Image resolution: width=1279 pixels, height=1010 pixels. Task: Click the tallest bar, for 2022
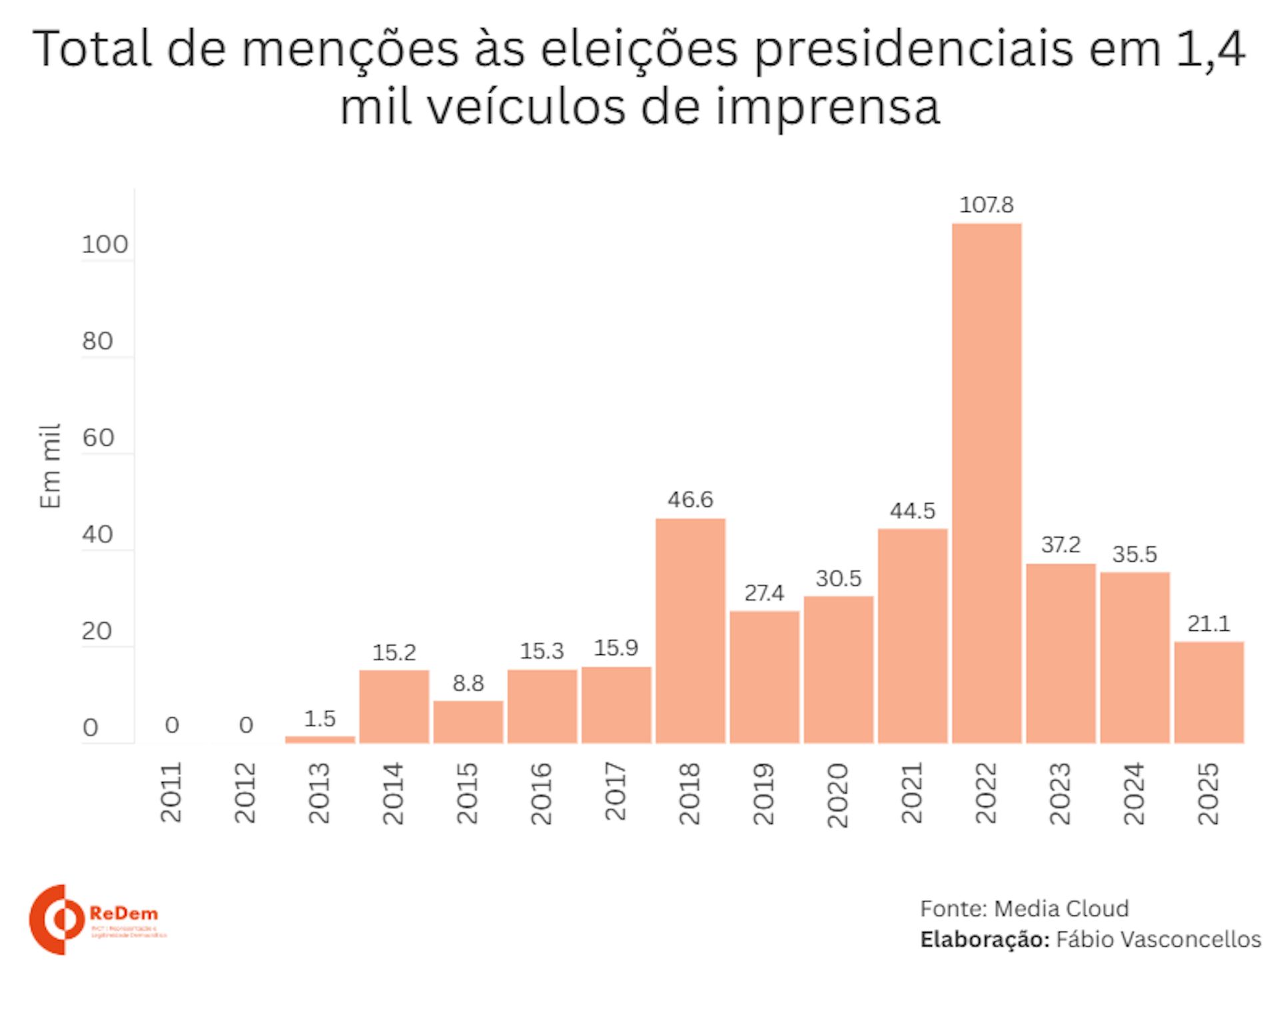[x=986, y=483]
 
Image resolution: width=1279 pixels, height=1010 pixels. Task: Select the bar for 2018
[x=690, y=630]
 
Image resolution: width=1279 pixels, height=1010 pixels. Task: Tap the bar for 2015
[x=468, y=722]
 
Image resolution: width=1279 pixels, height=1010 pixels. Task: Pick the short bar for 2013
[x=320, y=739]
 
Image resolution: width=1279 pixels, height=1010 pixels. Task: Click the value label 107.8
[x=986, y=205]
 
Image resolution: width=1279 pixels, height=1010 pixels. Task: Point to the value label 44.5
[x=912, y=511]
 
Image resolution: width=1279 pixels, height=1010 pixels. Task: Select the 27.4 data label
[x=764, y=593]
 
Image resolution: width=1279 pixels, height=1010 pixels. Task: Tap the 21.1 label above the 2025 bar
[x=1208, y=624]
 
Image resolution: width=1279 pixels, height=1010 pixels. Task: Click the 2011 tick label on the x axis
[x=171, y=793]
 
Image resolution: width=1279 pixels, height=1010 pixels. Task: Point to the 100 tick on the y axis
[x=105, y=245]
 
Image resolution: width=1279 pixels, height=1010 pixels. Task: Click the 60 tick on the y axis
[x=98, y=438]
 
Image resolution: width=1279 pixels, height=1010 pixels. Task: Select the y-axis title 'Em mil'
[x=51, y=466]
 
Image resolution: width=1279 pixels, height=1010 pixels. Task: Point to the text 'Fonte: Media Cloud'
[x=1024, y=909]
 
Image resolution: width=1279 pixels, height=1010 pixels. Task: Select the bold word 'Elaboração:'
[x=985, y=939]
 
